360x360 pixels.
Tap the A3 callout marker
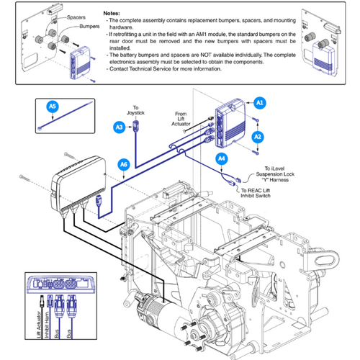[x=119, y=127]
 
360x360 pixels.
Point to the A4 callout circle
[x=222, y=158]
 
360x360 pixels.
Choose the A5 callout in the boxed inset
[x=51, y=107]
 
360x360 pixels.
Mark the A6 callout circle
[x=124, y=165]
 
